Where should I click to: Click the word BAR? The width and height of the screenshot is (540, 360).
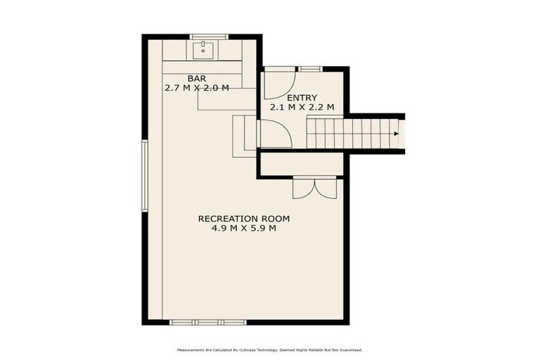[x=197, y=78]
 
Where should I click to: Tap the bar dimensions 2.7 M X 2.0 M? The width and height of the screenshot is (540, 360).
[x=197, y=89]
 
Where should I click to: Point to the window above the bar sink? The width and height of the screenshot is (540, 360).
[x=209, y=37]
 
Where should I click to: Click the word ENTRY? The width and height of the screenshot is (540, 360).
[x=302, y=98]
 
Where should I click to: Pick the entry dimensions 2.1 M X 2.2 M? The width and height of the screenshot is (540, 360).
[x=302, y=108]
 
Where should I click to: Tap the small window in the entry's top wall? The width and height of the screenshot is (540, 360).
[x=309, y=69]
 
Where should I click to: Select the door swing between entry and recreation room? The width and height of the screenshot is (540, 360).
[x=274, y=134]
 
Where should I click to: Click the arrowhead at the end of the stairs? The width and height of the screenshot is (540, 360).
[x=397, y=133]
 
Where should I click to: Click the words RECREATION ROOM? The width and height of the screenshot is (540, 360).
[x=244, y=219]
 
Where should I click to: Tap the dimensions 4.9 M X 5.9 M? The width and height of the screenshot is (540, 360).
[x=244, y=229]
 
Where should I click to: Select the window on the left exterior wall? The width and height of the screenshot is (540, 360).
[x=144, y=176]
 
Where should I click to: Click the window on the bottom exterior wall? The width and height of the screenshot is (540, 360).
[x=209, y=322]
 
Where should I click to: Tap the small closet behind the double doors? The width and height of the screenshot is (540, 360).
[x=301, y=164]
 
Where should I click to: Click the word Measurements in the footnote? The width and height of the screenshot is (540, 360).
[x=191, y=349]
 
